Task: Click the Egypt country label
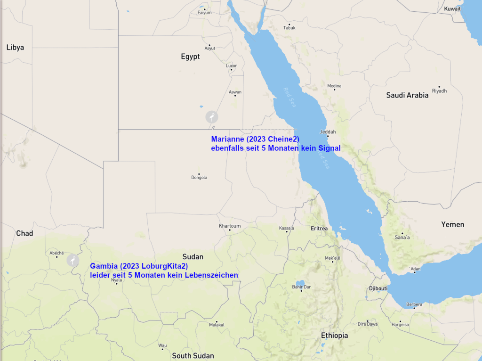[x=190, y=57]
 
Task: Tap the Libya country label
[x=15, y=48]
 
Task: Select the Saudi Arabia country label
[x=407, y=95]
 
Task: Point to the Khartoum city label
[x=230, y=226]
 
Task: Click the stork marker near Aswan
[x=212, y=117]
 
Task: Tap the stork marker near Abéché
[x=72, y=260]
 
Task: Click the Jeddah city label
[x=328, y=132]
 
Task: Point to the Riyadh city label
[x=439, y=91]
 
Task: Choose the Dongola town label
[x=199, y=178]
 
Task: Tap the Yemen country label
[x=452, y=224]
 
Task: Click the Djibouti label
[x=378, y=288]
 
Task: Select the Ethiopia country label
[x=335, y=336]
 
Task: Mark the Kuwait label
[x=452, y=9]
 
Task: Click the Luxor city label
[x=231, y=66]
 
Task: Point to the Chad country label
[x=24, y=233]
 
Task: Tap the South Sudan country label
[x=193, y=356]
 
